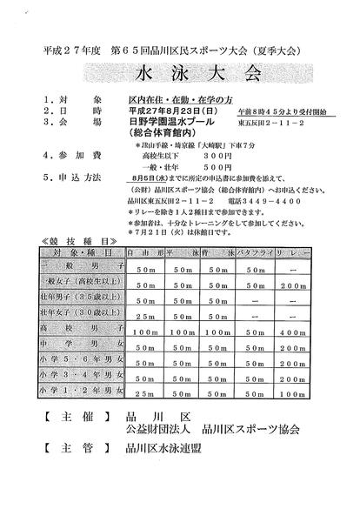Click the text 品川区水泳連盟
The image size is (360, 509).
tap(169, 475)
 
